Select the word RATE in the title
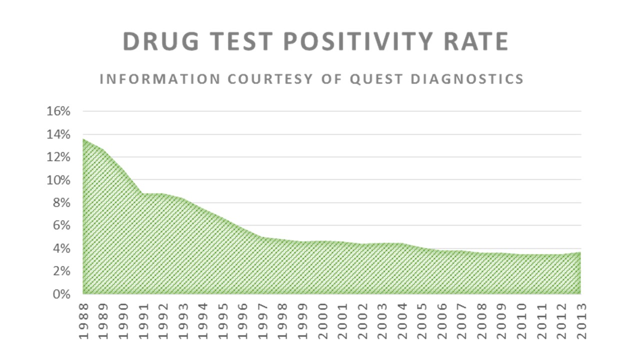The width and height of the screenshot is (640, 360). (477, 42)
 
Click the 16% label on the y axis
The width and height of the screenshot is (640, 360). (58, 111)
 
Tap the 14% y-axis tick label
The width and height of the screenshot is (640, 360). (58, 134)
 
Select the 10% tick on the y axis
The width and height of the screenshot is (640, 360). (58, 180)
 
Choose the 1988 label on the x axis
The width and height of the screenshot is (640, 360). (83, 320)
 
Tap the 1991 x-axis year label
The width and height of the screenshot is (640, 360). (143, 320)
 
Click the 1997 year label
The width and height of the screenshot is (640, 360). (262, 320)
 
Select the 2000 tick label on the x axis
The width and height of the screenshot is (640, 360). (322, 320)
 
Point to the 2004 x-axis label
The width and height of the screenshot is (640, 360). (402, 320)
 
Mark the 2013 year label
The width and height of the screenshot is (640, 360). (581, 320)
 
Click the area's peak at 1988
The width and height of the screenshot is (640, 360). (83, 139)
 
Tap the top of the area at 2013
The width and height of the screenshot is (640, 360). (580, 252)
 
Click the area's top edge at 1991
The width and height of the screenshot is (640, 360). (143, 194)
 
